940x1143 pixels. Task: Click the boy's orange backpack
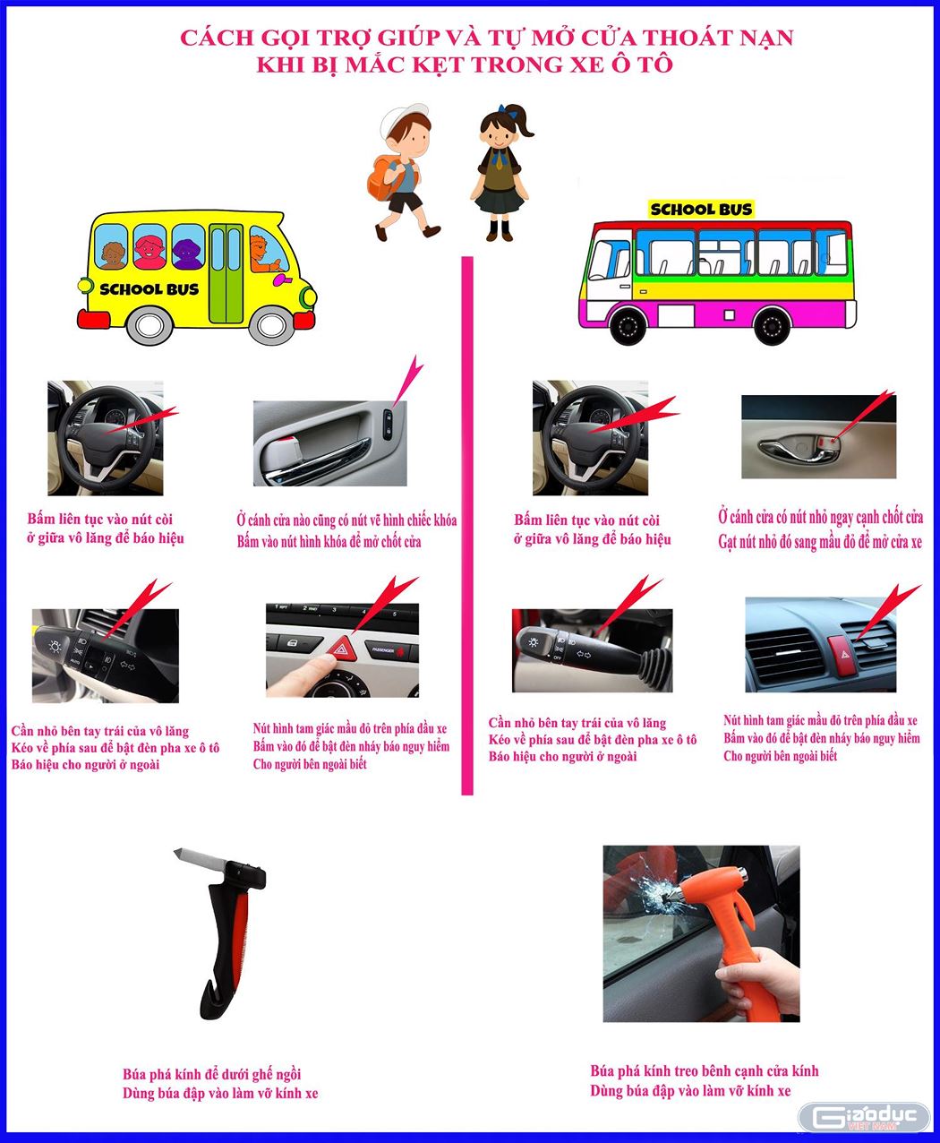tap(383, 176)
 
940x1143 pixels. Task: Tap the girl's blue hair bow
tap(513, 112)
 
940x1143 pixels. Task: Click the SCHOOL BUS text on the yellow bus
tap(149, 289)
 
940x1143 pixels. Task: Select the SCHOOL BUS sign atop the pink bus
tap(701, 210)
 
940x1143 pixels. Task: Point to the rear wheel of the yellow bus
tap(147, 325)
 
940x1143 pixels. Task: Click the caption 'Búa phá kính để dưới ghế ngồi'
tap(212, 1074)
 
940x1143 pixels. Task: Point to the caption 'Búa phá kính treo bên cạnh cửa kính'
tap(704, 1070)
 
